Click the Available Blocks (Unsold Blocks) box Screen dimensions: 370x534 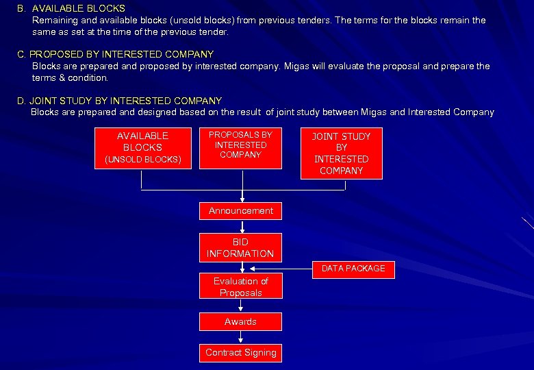142,147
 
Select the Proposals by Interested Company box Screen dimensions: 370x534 240,147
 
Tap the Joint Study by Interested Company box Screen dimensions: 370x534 341,153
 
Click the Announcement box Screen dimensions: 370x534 240,211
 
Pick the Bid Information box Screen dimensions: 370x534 240,247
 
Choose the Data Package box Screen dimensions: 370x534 353,269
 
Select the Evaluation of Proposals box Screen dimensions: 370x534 240,286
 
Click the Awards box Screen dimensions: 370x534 240,321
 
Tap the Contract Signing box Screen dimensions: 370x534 240,352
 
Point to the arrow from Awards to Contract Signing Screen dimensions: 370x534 241,336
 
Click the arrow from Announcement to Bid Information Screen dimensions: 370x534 241,227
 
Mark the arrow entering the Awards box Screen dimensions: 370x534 241,306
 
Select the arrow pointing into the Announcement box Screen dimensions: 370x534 241,196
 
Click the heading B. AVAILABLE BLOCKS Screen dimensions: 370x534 71,9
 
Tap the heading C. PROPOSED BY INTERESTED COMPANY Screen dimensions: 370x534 115,53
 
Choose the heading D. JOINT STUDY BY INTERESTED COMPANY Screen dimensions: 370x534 119,101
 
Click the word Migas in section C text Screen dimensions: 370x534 296,66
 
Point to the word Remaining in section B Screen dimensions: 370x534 55,21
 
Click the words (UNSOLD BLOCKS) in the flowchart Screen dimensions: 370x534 142,160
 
